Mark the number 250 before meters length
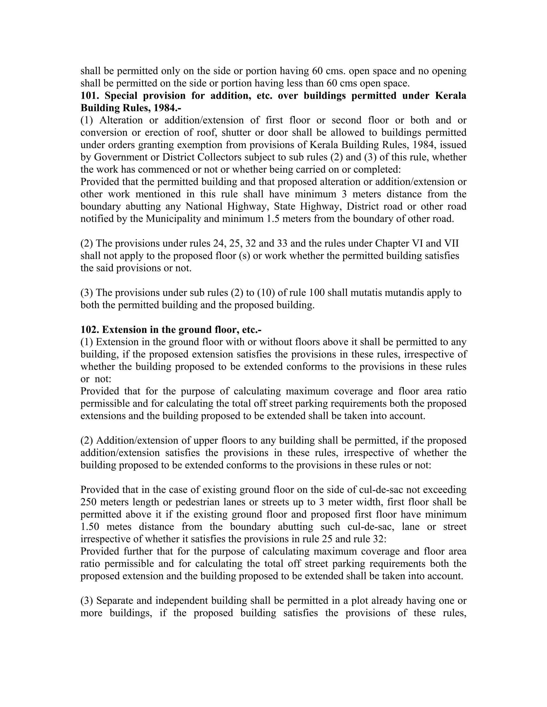88,502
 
